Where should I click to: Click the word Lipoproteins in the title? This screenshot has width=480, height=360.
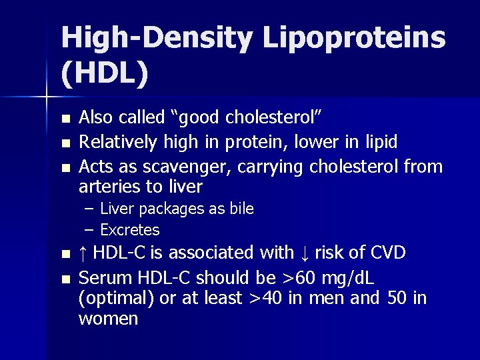point(353,38)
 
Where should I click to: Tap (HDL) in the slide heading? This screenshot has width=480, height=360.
point(105,74)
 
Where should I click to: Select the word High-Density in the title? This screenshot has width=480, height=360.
point(156,38)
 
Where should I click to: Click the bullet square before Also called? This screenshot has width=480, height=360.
point(65,119)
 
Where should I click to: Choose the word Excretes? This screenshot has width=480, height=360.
point(129,230)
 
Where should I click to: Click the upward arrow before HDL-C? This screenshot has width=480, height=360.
point(82,253)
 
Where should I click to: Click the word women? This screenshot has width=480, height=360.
point(108,319)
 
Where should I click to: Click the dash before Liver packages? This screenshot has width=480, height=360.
point(89,209)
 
